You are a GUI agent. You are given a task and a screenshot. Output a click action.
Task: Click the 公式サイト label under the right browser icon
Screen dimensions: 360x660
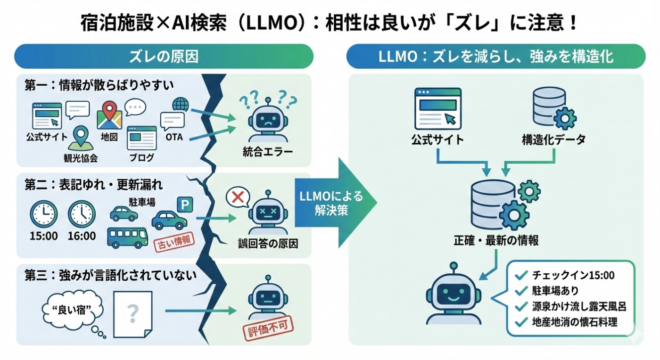tap(437, 139)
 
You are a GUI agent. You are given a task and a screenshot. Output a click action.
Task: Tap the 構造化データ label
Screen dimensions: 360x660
tap(554, 139)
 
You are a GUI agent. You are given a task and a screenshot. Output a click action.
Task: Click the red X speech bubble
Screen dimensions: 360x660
tap(238, 197)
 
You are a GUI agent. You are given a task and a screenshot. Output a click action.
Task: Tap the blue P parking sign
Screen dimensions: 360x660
tap(185, 204)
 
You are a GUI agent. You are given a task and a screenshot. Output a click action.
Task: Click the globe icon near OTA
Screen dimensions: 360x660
tap(181, 104)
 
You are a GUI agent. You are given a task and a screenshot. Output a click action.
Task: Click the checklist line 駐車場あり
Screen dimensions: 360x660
tap(554, 291)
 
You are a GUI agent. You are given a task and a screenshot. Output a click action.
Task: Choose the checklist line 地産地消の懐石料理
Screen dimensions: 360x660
tap(573, 323)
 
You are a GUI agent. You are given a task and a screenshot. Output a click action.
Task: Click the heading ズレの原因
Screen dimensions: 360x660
tap(164, 57)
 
